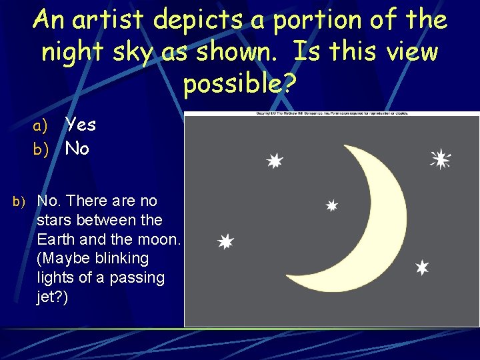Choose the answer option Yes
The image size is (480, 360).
(80, 125)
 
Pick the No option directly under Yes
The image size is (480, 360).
(77, 149)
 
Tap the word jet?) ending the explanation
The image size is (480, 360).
(53, 297)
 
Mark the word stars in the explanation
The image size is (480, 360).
(58, 219)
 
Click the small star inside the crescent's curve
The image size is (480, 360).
(331, 206)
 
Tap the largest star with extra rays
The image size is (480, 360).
(440, 159)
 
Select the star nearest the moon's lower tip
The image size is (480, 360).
(421, 267)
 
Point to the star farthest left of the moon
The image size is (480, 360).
(226, 241)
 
